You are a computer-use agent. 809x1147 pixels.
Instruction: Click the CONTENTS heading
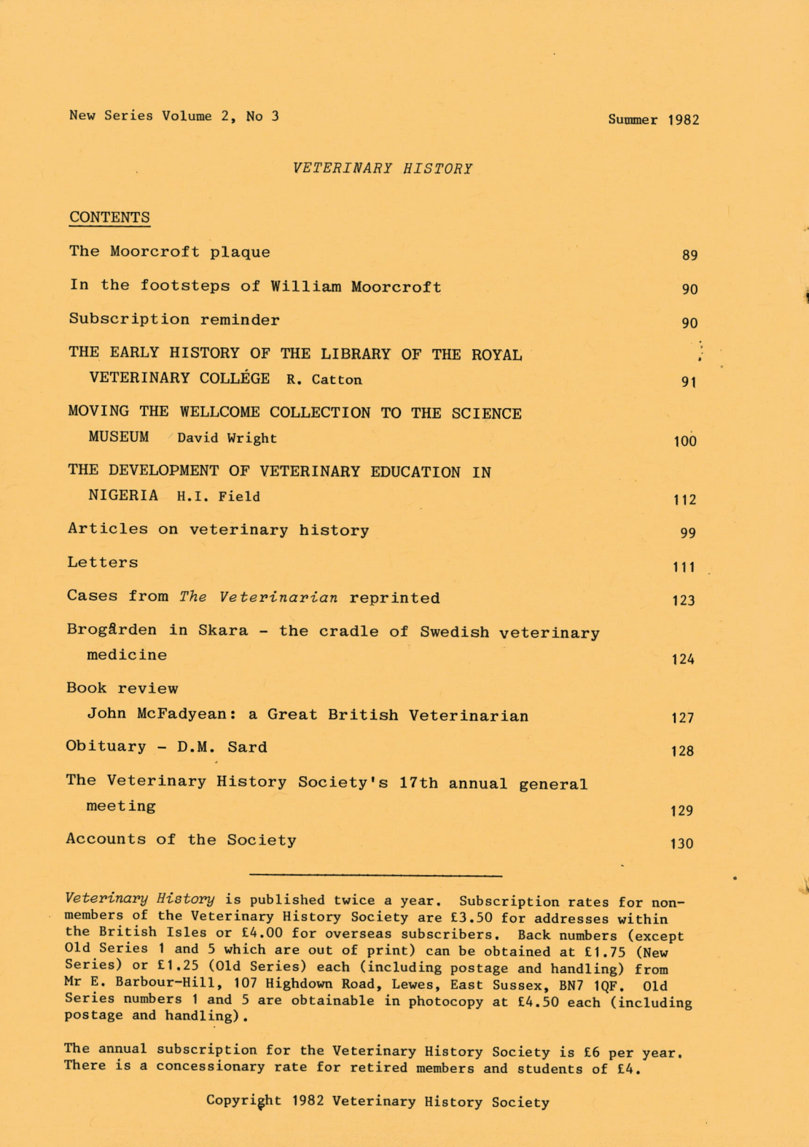[x=109, y=217]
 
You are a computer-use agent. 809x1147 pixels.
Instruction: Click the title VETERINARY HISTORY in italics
[x=383, y=168]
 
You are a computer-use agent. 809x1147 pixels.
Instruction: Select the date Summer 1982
[x=654, y=120]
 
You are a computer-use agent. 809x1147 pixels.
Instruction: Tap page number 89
[x=689, y=255]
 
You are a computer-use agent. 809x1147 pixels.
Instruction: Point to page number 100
[x=685, y=441]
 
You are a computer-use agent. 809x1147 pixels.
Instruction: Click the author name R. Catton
[x=324, y=379]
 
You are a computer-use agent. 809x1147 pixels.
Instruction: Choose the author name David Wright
[x=227, y=438]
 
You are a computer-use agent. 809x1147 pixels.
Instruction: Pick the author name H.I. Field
[x=218, y=496]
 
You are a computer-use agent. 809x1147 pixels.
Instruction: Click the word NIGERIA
[x=123, y=496]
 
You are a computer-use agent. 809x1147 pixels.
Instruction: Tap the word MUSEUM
[x=119, y=437]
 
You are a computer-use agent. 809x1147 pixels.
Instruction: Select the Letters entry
[x=103, y=563]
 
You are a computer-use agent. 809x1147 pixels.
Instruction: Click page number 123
[x=684, y=600]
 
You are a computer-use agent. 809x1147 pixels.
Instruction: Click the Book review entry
[x=122, y=688]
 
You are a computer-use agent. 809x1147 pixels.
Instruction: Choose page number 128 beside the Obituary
[x=682, y=751]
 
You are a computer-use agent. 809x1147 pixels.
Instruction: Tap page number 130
[x=682, y=844]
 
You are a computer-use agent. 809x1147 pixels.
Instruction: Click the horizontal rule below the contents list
[x=375, y=874]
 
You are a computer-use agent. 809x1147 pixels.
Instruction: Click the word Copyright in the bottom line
[x=243, y=1101]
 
